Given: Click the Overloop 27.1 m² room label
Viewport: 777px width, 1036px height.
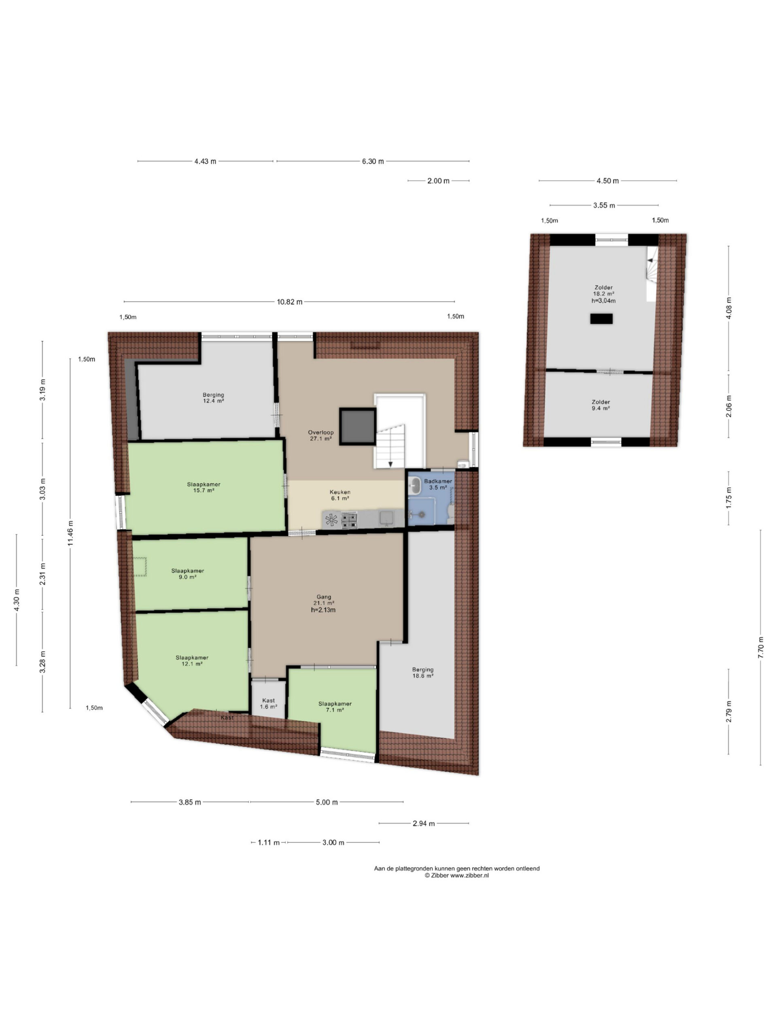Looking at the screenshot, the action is point(321,435).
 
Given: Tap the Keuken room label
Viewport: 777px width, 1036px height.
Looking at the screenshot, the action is point(340,492).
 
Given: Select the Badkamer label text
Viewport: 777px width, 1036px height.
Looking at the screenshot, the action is point(438,481).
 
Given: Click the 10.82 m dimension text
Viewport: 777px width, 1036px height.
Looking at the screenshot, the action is point(289,301).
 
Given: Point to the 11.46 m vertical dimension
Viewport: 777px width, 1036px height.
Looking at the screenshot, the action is point(70,533).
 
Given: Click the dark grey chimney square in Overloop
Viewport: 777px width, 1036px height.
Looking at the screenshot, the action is point(357,426).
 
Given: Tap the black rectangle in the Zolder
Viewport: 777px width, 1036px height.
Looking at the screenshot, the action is point(601,319).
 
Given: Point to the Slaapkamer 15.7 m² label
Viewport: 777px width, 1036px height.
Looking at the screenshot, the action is point(204,488).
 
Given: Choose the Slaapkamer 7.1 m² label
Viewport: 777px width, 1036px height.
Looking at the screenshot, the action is point(335,707).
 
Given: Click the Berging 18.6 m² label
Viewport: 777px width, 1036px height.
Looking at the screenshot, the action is point(422,673).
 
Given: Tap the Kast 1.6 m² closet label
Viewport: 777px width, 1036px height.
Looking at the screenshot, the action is point(268,703).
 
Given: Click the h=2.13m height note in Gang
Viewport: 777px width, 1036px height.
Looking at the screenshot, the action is point(323,610).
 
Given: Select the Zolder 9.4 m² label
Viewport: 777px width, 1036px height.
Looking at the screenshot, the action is point(601,405).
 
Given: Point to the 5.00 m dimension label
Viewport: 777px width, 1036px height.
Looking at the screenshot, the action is point(327,802).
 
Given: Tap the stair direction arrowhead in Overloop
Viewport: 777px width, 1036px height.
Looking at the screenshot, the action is point(390,464).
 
